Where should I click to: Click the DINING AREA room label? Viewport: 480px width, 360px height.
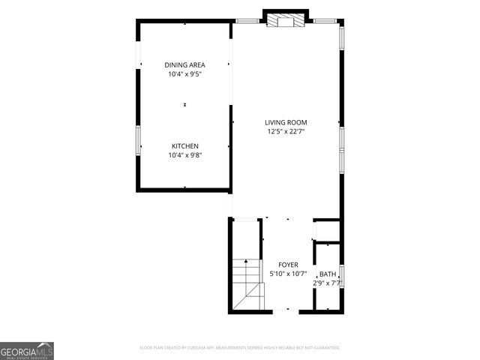(x=185, y=65)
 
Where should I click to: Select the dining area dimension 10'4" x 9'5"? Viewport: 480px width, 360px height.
(x=185, y=74)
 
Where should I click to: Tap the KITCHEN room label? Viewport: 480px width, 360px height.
(x=185, y=146)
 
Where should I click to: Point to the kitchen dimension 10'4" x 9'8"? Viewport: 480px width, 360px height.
(x=185, y=155)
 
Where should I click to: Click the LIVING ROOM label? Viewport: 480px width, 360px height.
(x=286, y=122)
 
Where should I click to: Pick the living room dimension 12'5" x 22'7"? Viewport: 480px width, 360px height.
(x=286, y=131)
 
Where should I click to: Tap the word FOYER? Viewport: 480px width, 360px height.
(x=288, y=265)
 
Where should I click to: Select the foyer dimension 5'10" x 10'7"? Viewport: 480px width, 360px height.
(x=288, y=274)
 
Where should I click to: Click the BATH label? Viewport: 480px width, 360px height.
(x=328, y=274)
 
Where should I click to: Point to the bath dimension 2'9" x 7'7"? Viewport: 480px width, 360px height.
(x=328, y=283)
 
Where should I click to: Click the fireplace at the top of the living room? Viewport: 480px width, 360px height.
(x=286, y=21)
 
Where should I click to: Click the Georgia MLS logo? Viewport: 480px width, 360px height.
(x=27, y=350)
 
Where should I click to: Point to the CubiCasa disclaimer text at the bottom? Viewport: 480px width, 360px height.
(x=240, y=348)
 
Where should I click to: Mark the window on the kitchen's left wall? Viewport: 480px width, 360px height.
(x=137, y=140)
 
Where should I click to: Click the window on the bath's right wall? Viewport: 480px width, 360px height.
(x=342, y=275)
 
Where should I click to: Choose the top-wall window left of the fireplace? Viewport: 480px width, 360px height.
(x=247, y=21)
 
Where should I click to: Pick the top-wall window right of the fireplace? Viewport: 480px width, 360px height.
(x=324, y=21)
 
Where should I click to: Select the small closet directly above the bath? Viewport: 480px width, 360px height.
(x=326, y=230)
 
